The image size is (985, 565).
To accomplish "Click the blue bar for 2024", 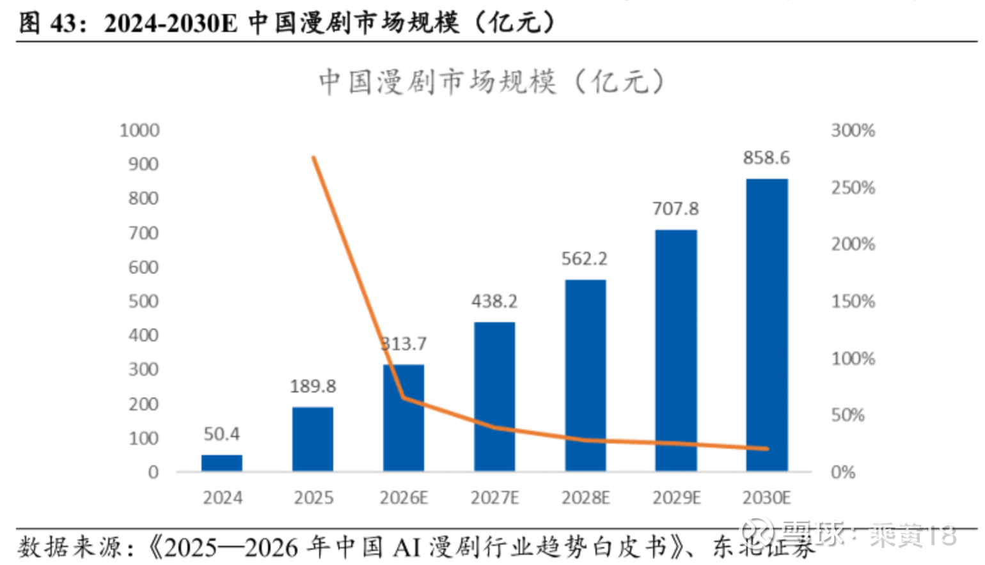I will (x=222, y=463).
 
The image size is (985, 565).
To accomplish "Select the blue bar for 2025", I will (x=313, y=439).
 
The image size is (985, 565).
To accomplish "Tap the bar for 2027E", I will (x=494, y=396).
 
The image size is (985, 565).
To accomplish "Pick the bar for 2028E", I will (x=585, y=375).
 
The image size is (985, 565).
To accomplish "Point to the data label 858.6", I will (x=766, y=158).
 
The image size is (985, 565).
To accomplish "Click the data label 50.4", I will (x=221, y=434).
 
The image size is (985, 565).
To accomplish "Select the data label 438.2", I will (x=494, y=301).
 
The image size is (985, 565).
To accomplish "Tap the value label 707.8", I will (x=675, y=209).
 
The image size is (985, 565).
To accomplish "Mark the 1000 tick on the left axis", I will (x=139, y=130).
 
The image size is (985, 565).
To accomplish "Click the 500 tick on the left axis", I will (x=143, y=301).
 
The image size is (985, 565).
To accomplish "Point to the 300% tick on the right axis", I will (x=853, y=130).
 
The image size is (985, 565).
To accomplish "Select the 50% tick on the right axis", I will (x=848, y=415).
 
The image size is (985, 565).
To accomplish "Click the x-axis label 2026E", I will (x=404, y=497).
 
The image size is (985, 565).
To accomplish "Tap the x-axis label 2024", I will (x=223, y=497).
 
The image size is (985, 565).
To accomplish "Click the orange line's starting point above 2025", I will (x=313, y=157).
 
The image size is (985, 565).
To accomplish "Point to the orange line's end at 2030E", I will (x=766, y=449).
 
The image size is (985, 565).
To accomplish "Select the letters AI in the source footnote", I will (x=407, y=548).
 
